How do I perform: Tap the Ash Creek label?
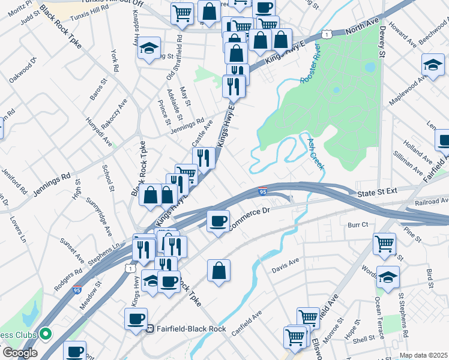click(x=316, y=153)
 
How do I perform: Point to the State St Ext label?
click(x=378, y=193)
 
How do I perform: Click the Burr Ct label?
click(x=357, y=224)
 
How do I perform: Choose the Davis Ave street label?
click(x=285, y=263)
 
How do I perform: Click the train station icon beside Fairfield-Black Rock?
click(x=150, y=328)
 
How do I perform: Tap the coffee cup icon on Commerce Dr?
click(x=218, y=220)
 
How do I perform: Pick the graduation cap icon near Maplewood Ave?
click(x=433, y=63)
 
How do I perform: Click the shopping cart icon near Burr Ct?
click(x=384, y=244)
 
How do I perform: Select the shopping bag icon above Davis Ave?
click(x=219, y=270)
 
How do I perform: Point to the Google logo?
click(x=20, y=353)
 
